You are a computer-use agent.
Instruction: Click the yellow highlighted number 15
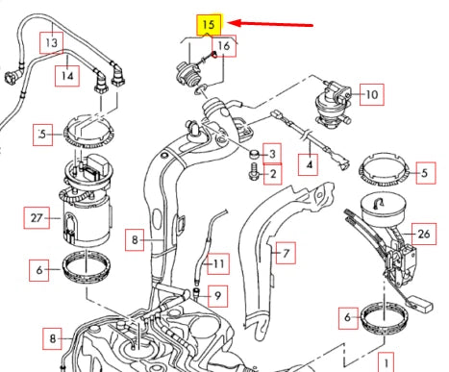click(209, 24)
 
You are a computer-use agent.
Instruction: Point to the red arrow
click(270, 24)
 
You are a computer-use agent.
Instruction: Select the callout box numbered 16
click(224, 46)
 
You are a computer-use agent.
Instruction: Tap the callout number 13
click(51, 42)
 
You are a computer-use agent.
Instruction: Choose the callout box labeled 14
click(67, 76)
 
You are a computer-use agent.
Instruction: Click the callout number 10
click(372, 94)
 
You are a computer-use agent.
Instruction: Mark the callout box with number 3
click(272, 154)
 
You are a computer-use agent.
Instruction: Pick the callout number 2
click(273, 174)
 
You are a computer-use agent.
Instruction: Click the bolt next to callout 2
click(254, 171)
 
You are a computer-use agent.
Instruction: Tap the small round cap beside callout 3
click(254, 154)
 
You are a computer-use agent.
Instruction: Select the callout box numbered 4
click(308, 164)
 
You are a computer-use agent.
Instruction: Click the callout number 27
click(37, 218)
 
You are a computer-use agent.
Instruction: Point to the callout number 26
click(424, 234)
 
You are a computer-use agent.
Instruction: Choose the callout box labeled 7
click(286, 253)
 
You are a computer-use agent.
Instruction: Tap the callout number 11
click(218, 263)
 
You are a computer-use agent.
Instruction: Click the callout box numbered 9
click(217, 296)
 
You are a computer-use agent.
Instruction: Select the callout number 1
click(387, 362)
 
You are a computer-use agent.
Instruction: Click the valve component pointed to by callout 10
click(333, 102)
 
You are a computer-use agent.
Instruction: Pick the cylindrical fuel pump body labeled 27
click(87, 221)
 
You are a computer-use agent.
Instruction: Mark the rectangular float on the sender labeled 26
click(422, 303)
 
